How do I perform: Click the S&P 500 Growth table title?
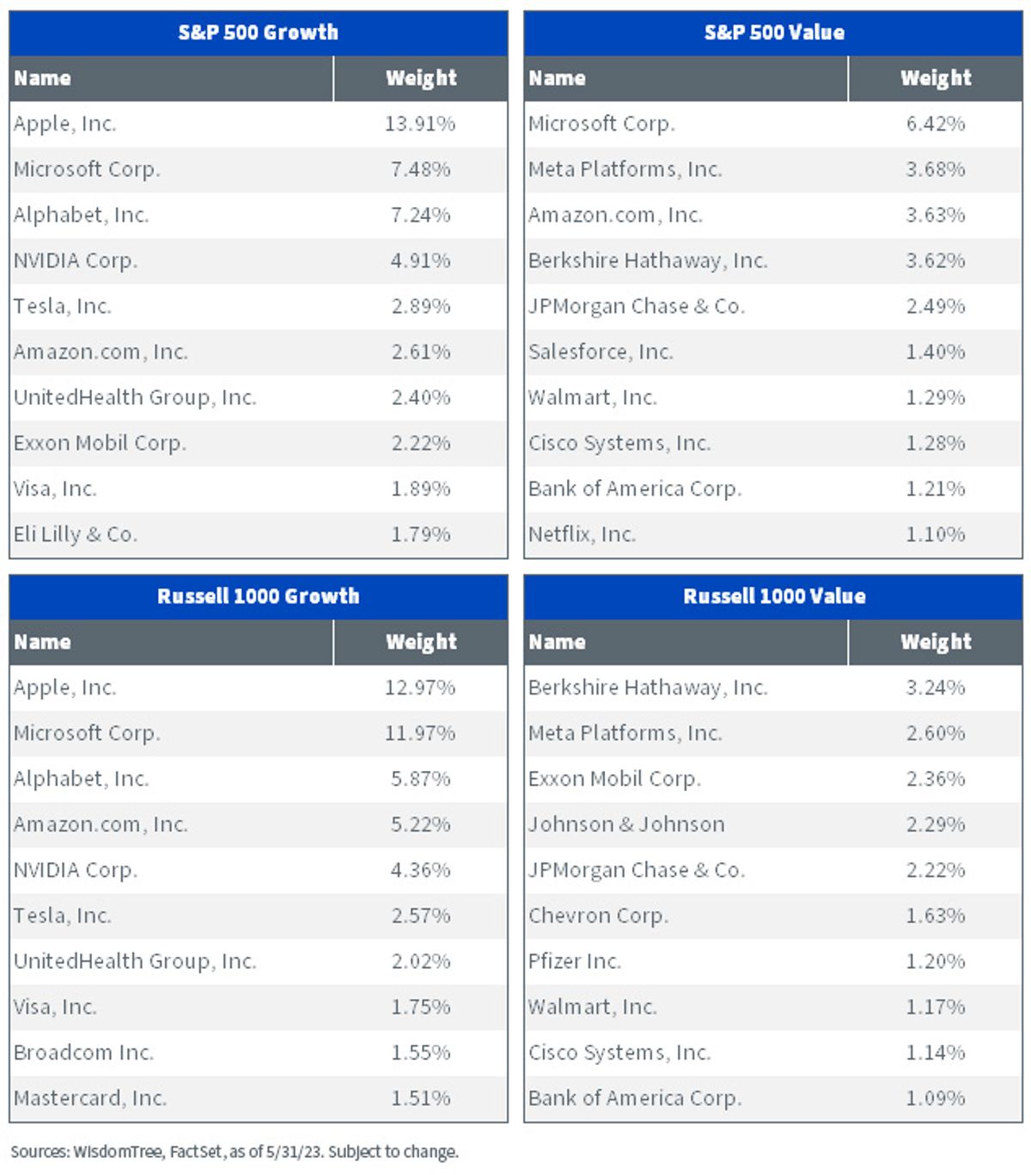(x=258, y=32)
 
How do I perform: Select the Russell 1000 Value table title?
(x=773, y=596)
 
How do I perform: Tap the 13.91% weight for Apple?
(x=420, y=124)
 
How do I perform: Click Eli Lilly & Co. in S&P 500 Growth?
(x=76, y=534)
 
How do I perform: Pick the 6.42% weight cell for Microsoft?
(x=935, y=124)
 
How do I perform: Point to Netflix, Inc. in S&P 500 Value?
(x=582, y=534)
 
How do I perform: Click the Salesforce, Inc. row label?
(x=601, y=352)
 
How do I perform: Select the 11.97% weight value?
(x=420, y=733)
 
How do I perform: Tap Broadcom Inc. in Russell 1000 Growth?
(x=83, y=1052)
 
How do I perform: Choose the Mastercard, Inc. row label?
(x=90, y=1098)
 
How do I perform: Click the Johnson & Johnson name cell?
(x=626, y=824)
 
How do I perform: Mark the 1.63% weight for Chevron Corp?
(x=935, y=915)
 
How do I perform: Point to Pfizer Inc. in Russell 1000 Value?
(x=575, y=961)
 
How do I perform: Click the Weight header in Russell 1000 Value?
(x=936, y=642)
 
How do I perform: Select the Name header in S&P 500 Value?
(x=557, y=78)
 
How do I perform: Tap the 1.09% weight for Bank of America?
(x=935, y=1098)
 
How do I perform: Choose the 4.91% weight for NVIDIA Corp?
(x=420, y=260)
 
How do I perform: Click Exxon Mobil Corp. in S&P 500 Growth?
(x=100, y=443)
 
